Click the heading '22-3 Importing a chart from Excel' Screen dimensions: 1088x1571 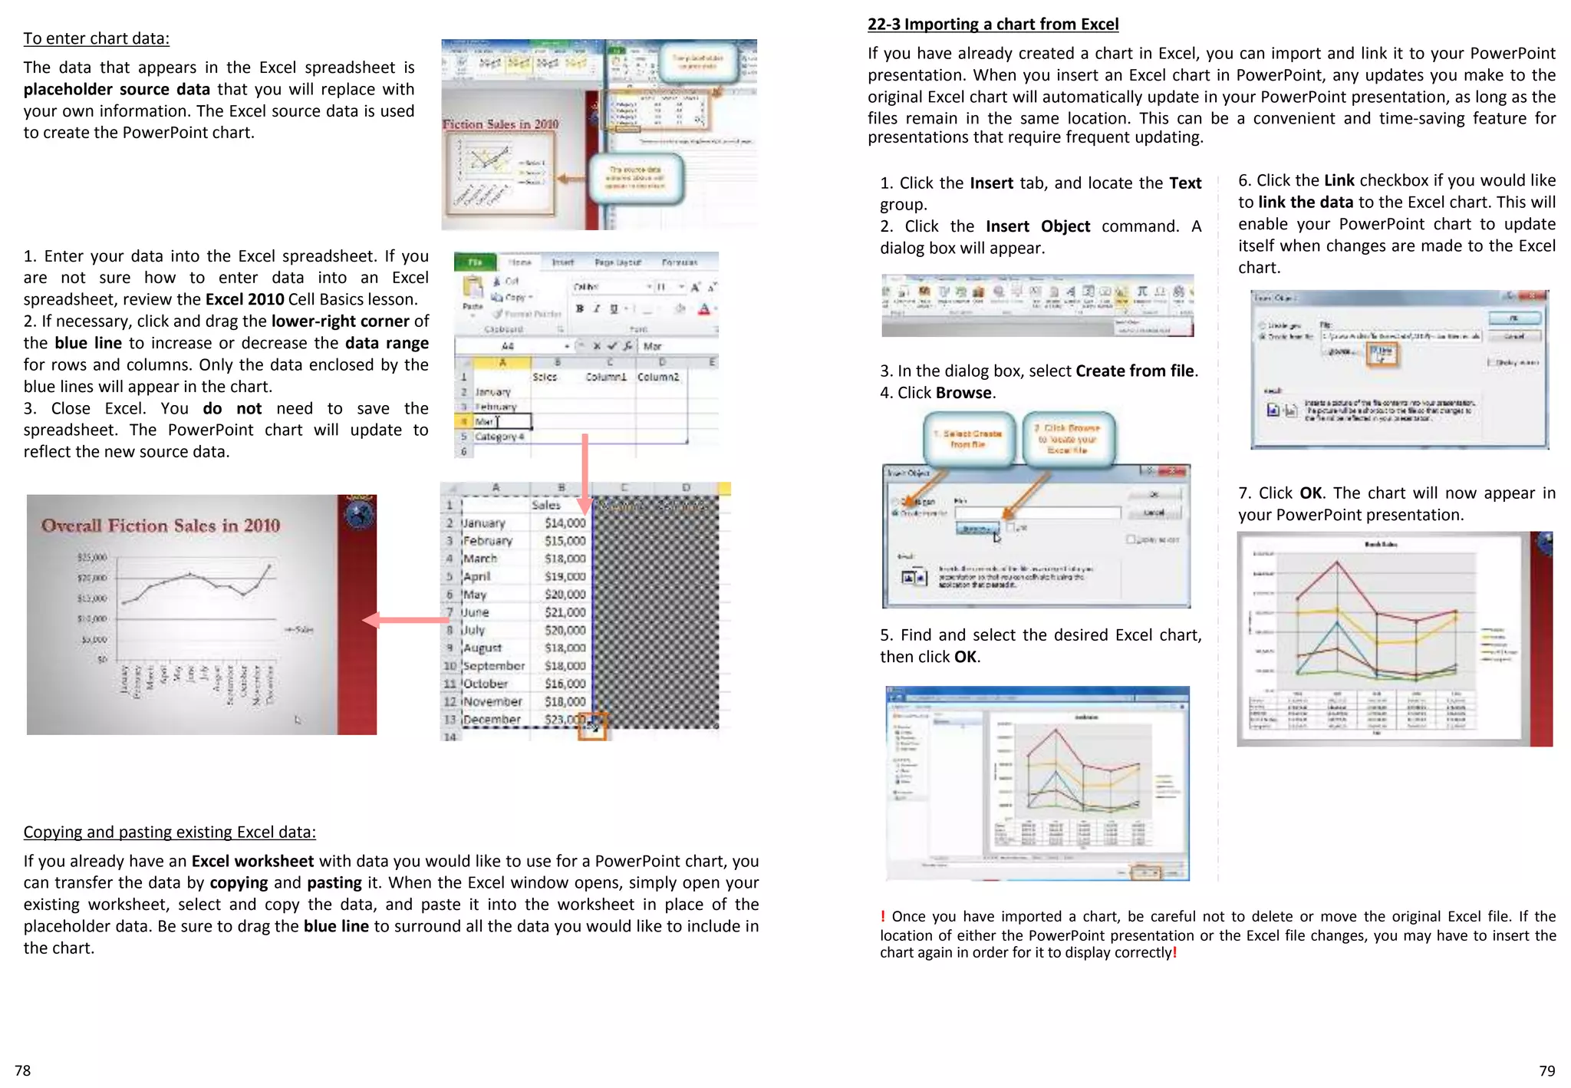[x=993, y=25]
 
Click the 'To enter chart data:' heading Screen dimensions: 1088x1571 [x=96, y=38]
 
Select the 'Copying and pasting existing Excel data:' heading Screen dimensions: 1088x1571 [x=169, y=832]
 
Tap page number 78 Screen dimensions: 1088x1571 [x=23, y=1070]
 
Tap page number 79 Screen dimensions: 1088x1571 [x=1546, y=1070]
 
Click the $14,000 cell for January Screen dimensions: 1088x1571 [x=565, y=523]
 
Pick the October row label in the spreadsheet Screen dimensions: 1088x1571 [x=485, y=684]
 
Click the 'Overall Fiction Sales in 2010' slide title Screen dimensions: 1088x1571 [x=160, y=526]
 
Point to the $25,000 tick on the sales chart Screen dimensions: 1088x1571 [x=92, y=557]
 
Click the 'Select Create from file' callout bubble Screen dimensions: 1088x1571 [x=968, y=439]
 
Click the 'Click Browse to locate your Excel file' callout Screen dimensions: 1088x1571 [x=1069, y=439]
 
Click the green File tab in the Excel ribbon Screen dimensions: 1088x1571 [x=475, y=262]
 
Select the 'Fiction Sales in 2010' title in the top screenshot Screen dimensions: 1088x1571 [x=500, y=124]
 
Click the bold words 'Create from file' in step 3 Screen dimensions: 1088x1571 [x=1134, y=371]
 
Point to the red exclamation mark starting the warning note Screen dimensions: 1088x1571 [x=883, y=916]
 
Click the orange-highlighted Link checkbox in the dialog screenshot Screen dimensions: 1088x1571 [x=1382, y=354]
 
